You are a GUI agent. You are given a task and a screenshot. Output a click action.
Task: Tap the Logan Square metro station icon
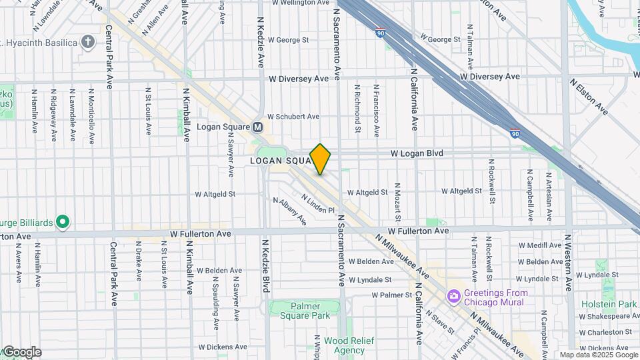tap(258, 127)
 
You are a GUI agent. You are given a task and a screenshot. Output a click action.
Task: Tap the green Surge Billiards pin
tap(62, 221)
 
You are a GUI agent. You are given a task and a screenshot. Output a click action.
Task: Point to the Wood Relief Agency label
tap(349, 345)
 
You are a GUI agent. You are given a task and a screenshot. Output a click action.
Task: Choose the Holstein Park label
tap(617, 304)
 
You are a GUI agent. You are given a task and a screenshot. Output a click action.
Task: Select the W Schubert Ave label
tap(293, 116)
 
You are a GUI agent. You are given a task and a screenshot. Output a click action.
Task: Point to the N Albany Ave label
tap(289, 210)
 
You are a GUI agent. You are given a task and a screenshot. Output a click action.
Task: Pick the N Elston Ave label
tap(588, 95)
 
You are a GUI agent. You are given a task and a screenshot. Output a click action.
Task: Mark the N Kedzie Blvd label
tap(265, 266)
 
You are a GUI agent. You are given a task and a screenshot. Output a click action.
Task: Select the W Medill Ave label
tap(544, 245)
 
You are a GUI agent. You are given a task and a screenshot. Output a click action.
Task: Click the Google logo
tap(21, 352)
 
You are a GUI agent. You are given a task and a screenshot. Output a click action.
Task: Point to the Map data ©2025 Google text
tap(599, 355)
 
